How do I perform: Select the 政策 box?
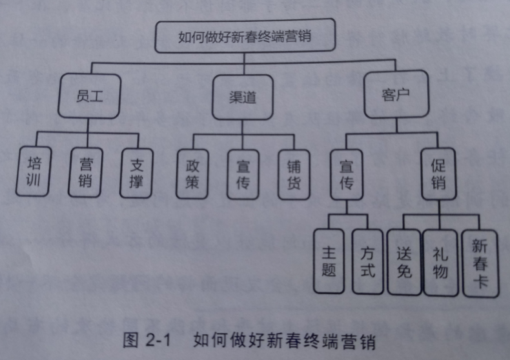[x=192, y=173]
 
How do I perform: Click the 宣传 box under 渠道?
[x=243, y=174]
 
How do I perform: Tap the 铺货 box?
[x=294, y=174]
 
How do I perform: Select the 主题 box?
[x=329, y=261]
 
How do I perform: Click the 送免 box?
[x=404, y=261]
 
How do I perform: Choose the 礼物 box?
[x=440, y=261]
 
